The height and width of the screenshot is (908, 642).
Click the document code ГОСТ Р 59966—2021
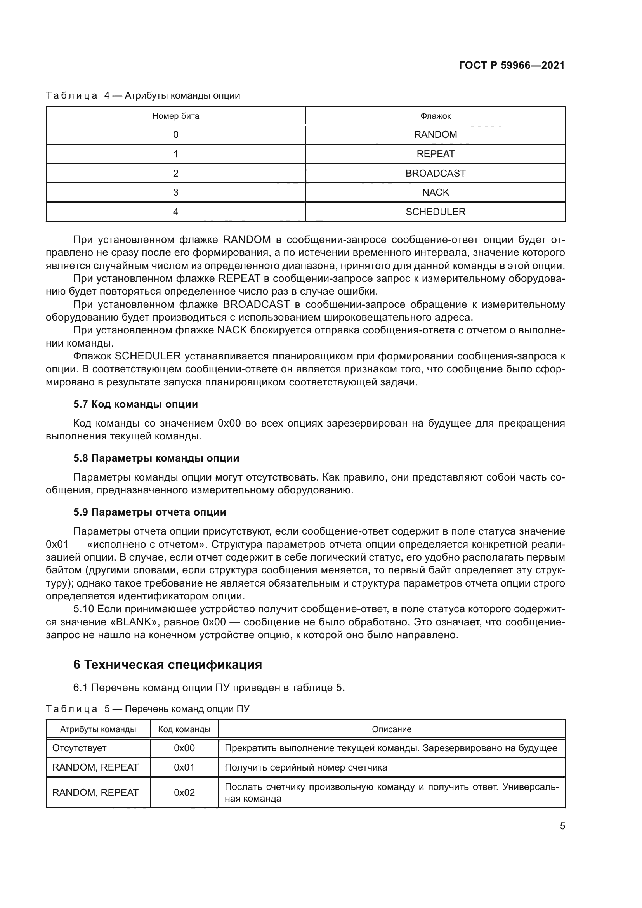pyautogui.click(x=512, y=65)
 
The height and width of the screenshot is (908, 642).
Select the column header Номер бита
pyautogui.click(x=175, y=116)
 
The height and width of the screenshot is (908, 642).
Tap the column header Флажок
pyautogui.click(x=435, y=116)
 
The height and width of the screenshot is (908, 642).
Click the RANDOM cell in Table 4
pyautogui.click(x=435, y=134)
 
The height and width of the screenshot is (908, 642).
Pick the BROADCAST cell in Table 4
pyautogui.click(x=435, y=173)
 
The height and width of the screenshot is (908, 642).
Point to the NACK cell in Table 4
pyautogui.click(x=435, y=192)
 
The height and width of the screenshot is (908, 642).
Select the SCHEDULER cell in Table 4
pyautogui.click(x=435, y=212)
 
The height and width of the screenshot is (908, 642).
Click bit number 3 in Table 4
pyautogui.click(x=175, y=192)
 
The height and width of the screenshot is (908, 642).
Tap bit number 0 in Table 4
pyautogui.click(x=175, y=134)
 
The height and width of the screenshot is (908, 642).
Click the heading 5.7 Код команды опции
pyautogui.click(x=135, y=404)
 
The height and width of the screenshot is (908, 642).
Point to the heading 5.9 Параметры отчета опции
pyautogui.click(x=149, y=512)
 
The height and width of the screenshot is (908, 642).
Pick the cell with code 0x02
pyautogui.click(x=184, y=792)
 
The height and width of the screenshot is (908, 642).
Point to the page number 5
pyautogui.click(x=562, y=826)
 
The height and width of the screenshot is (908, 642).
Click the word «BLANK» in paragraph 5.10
pyautogui.click(x=132, y=622)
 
